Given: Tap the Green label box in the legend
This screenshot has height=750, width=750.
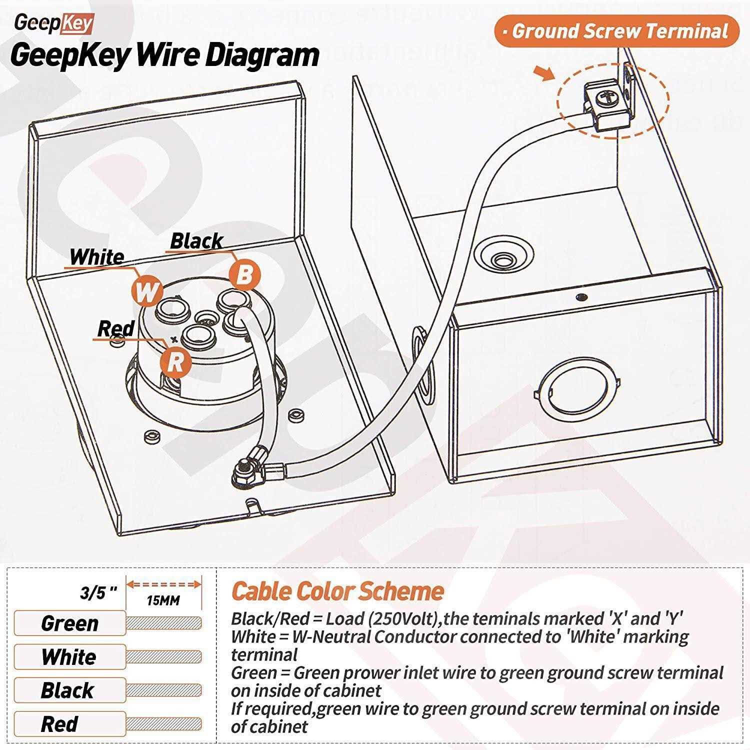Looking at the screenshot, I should coord(69,623).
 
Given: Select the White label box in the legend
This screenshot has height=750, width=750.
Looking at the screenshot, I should coord(69,656).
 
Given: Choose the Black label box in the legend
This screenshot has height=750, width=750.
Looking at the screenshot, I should coord(69,690).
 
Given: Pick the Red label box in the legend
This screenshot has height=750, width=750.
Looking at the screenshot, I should coord(69,724).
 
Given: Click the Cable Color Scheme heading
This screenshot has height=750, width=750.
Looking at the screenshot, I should coord(337,591).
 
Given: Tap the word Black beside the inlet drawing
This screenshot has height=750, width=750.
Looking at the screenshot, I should coord(196,241).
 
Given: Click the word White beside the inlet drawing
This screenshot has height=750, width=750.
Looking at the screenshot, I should coord(97,257).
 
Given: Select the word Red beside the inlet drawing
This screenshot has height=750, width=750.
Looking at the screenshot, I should coord(115,329).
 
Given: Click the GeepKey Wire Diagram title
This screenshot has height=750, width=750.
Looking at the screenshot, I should coord(164,55).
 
